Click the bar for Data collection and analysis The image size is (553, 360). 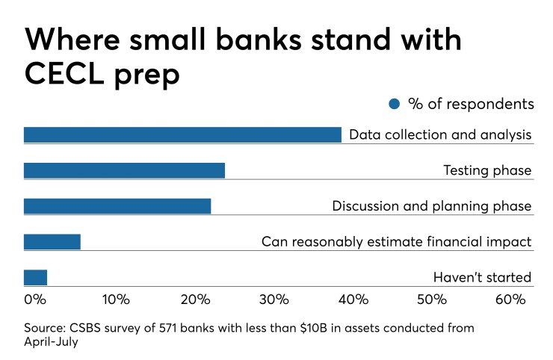coord(182,134)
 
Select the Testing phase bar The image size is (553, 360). coord(124,170)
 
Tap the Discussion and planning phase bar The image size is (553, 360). coord(117,206)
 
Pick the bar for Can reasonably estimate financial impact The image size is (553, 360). coord(52,241)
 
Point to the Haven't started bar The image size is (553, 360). coord(35,277)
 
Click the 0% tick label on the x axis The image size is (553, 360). coord(35,300)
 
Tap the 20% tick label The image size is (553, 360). coord(194,300)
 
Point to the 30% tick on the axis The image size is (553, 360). coord(274,300)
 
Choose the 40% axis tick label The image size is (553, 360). coord(353,300)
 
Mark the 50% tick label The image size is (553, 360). coord(432,300)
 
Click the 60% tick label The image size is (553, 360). coord(510,300)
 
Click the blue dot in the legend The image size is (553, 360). coord(395,104)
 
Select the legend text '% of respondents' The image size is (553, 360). coord(471,104)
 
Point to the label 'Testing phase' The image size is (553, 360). coord(487,170)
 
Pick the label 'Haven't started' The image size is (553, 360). coord(482,278)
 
